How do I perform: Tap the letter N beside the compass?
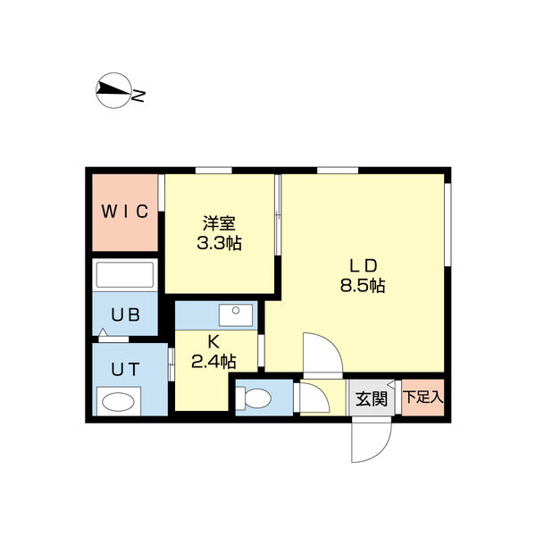point(139,93)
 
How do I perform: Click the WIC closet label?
point(124,212)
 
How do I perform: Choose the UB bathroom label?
point(124,314)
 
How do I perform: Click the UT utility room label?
point(124,366)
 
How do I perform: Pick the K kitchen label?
point(214,340)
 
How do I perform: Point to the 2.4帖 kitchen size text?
point(214,361)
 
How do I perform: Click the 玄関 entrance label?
point(372,398)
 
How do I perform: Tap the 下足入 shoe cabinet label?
point(423,397)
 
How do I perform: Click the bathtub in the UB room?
point(125,275)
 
